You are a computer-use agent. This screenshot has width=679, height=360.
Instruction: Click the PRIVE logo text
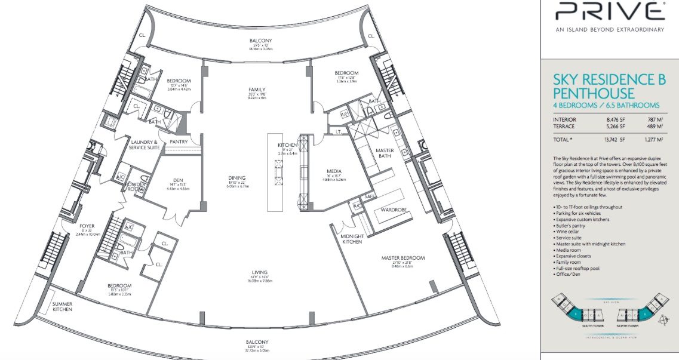609,11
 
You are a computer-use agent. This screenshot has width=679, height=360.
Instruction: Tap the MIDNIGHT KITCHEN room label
353,238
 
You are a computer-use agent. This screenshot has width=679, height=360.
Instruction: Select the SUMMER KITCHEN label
62,306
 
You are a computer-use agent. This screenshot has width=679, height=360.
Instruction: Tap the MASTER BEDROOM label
404,258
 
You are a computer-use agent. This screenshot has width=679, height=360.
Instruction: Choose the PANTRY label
179,141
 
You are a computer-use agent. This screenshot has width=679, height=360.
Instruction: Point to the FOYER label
87,226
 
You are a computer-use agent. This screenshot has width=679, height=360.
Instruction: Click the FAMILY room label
257,90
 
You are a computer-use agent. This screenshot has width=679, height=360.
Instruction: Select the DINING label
237,177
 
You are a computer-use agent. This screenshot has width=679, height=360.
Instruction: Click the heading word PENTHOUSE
593,93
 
